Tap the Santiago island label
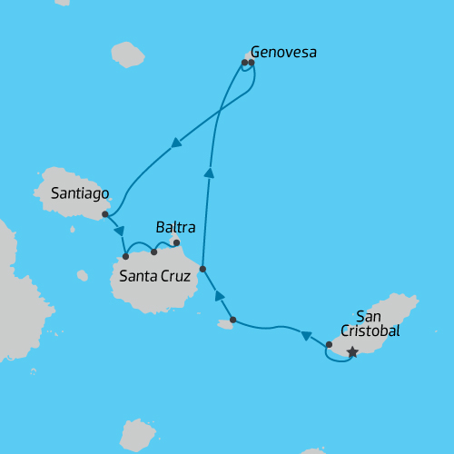[80, 193]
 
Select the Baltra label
[174, 226]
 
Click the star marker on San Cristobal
[352, 352]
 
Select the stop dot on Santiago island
[105, 214]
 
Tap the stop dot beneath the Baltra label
[176, 242]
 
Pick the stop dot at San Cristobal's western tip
[329, 344]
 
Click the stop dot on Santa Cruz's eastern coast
[202, 269]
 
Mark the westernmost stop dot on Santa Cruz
[125, 256]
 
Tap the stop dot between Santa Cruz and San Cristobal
[233, 320]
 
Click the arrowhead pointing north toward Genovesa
[209, 173]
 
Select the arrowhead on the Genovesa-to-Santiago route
[175, 143]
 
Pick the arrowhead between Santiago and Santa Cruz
[119, 231]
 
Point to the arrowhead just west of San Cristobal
[307, 335]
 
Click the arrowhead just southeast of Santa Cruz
[219, 295]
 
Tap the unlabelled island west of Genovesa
[128, 54]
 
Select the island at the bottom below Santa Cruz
[137, 435]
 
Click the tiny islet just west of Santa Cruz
[83, 275]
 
